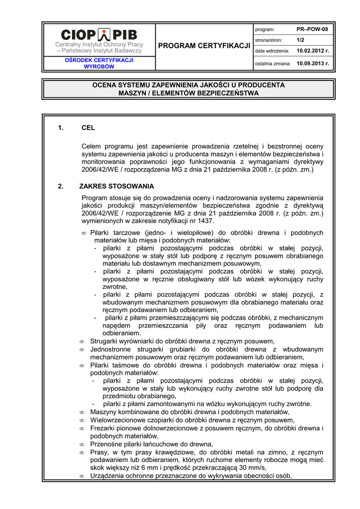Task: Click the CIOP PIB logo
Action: click(99, 34)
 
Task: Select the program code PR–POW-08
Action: click(312, 29)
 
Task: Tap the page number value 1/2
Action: click(300, 40)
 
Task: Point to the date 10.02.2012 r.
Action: click(313, 51)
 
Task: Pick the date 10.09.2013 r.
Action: click(313, 64)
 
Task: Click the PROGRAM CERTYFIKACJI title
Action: click(204, 46)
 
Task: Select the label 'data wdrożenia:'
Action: click(272, 51)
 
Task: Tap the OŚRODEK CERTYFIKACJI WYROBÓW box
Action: click(99, 63)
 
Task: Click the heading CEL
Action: click(88, 128)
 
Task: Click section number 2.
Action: click(60, 186)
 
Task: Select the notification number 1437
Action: click(206, 221)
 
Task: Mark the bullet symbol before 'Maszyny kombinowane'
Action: click(82, 413)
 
